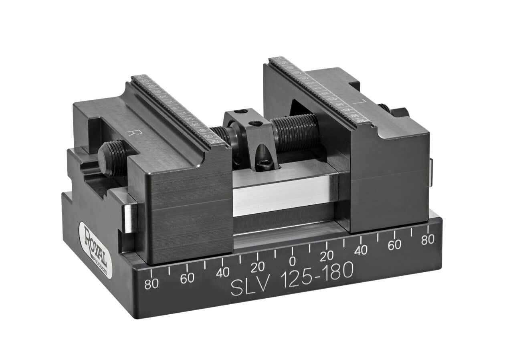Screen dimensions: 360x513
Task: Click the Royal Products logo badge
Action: pos(95,250)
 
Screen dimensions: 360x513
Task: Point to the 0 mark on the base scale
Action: pos(293,261)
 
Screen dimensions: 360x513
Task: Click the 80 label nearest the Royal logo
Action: pos(151,284)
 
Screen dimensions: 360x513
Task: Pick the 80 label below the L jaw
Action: pos(428,239)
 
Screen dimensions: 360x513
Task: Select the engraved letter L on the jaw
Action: pos(360,102)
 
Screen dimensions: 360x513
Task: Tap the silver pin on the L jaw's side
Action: pos(430,172)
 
